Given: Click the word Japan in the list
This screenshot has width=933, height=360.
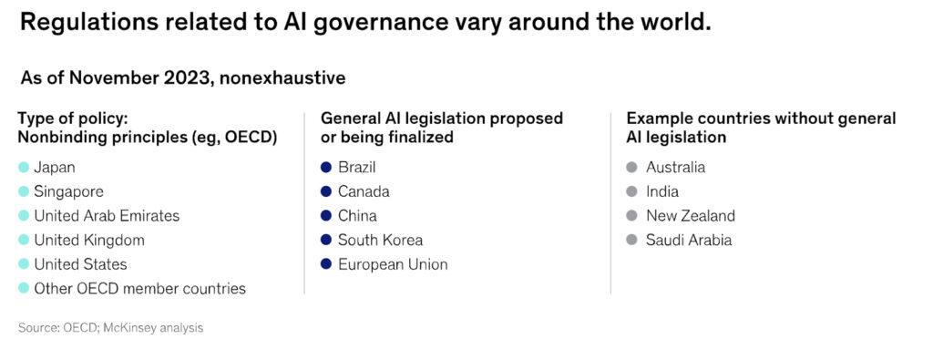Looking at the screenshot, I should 55,168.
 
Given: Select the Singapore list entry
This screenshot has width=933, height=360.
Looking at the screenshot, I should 68,191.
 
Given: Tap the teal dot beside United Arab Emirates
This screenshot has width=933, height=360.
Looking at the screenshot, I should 24,216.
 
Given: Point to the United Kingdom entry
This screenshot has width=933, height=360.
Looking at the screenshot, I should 89,241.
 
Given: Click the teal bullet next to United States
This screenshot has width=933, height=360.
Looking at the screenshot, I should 24,264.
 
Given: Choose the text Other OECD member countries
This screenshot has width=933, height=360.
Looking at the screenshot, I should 139,289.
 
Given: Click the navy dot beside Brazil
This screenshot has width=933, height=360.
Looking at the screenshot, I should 326,168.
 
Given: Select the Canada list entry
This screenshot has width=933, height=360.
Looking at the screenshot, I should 364,191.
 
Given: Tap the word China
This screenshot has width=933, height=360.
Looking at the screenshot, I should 357,216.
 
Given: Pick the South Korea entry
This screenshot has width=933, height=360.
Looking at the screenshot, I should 380,241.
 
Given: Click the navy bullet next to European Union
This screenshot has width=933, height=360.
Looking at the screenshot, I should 326,264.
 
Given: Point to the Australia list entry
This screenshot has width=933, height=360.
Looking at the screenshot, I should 675,168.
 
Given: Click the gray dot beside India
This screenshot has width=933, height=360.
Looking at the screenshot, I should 631,191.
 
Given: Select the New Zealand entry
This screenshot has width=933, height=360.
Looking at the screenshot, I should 690,216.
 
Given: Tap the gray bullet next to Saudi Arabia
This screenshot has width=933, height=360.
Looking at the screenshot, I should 631,241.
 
